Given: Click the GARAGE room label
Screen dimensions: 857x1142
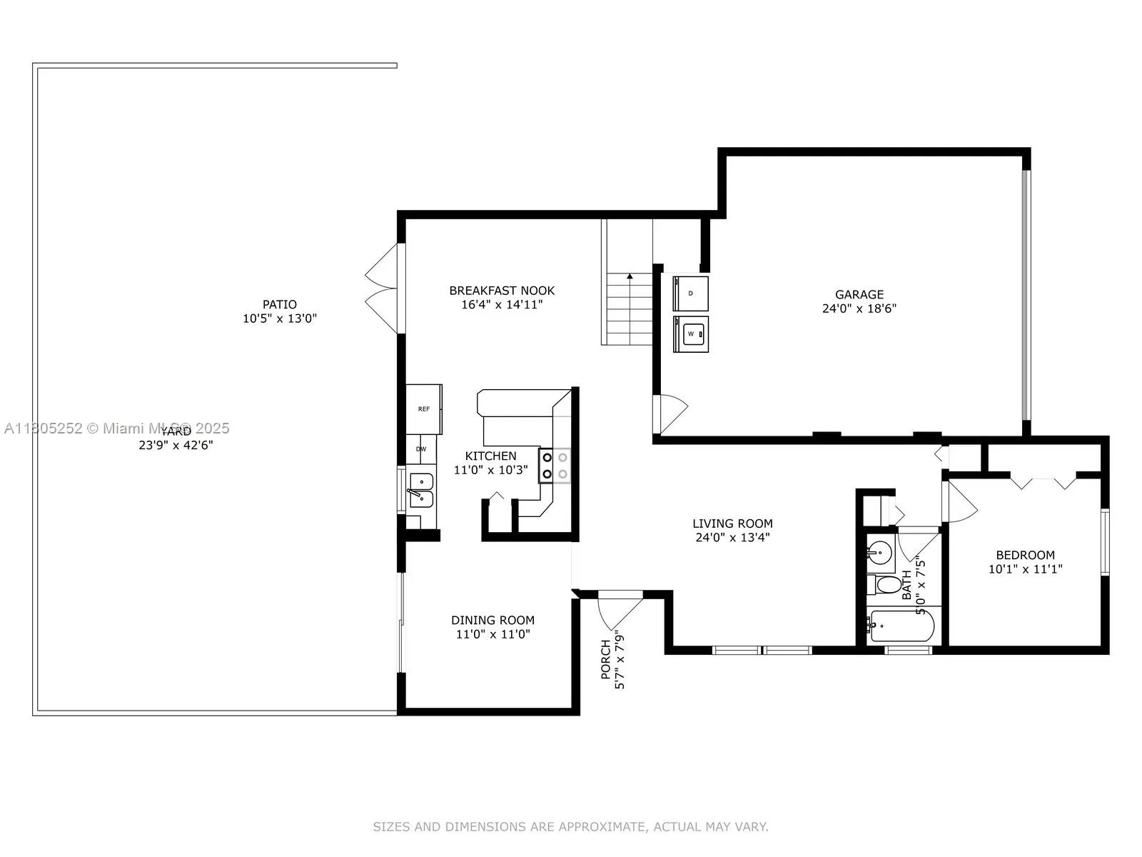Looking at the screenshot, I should [859, 294].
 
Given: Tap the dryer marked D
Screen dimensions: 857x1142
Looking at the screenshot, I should [691, 293].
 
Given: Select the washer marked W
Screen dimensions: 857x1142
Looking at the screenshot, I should [691, 334].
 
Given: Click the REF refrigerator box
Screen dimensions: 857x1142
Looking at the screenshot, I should [424, 409].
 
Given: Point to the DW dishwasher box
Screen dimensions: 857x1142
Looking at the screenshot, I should [421, 449].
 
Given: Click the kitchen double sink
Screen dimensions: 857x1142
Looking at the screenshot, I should [420, 489].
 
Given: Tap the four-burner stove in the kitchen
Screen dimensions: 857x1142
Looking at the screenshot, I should [555, 465].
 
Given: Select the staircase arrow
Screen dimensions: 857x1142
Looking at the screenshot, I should [630, 276].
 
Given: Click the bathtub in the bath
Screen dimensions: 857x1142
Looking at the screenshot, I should [901, 626].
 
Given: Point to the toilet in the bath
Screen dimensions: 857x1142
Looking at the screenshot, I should [886, 585].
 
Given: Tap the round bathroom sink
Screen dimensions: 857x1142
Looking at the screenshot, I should [881, 551].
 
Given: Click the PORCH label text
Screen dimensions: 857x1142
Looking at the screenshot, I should [605, 659].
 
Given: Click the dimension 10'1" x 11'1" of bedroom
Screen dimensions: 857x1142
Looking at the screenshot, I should [1025, 569].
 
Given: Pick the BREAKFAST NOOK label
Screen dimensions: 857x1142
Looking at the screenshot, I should [502, 291].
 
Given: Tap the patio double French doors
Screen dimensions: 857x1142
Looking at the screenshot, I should [383, 289].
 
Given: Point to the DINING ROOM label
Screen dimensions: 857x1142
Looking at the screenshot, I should [492, 621].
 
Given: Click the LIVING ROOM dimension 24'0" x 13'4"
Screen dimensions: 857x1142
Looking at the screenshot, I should [732, 538].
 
